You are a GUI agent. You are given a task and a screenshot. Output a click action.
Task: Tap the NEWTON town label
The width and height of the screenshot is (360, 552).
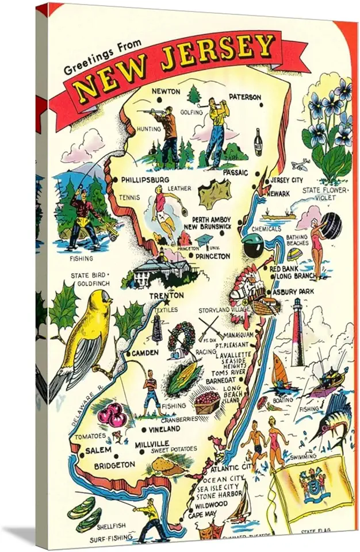click(x=166, y=91)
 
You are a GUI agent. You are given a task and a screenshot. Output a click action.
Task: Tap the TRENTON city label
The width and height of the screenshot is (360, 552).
click(x=166, y=296)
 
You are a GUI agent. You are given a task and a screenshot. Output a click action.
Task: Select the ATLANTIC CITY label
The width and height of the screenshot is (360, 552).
click(x=230, y=467)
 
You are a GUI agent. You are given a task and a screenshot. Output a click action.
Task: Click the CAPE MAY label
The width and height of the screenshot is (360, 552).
click(x=202, y=515)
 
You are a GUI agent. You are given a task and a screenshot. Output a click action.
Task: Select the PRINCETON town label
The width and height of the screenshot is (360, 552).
click(x=212, y=256)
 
